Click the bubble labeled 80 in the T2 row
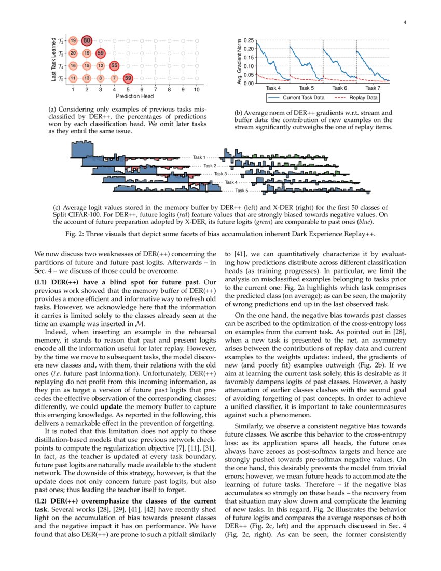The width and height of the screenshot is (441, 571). click(x=87, y=40)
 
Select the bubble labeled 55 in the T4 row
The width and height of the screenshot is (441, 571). click(x=115, y=66)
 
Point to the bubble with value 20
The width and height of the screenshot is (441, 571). click(x=73, y=53)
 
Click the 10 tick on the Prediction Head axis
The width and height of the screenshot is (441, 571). click(x=197, y=90)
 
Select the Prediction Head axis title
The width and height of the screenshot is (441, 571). click(x=135, y=96)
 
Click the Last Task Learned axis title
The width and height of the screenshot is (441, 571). click(x=54, y=59)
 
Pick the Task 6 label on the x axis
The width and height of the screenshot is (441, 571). click(x=339, y=88)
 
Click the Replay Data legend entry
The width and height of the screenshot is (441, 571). click(x=364, y=97)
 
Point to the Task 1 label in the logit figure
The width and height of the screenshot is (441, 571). click(x=199, y=157)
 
